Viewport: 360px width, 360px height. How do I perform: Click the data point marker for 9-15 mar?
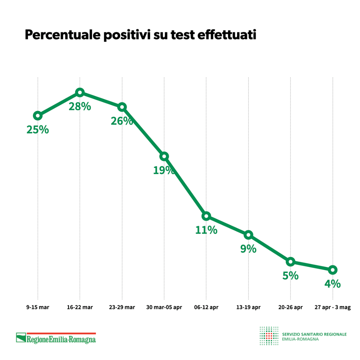coord(37,115)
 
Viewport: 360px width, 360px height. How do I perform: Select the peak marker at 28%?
coord(79,92)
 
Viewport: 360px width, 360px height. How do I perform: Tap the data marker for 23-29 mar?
coord(122,107)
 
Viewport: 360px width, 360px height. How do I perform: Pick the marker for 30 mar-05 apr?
coord(164,156)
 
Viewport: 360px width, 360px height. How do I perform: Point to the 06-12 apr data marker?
coord(206,216)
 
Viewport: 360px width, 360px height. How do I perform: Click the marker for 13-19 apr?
coord(248,235)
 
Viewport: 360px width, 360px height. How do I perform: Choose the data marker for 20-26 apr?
coord(290,261)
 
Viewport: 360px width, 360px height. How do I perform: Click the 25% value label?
coord(37,130)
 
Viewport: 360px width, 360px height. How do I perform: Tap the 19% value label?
coord(164,170)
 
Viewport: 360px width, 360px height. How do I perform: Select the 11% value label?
coord(206,230)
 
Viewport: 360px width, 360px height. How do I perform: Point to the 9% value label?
coord(248,249)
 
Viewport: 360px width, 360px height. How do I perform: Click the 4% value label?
coord(333,284)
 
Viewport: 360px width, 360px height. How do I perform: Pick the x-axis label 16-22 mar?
coord(80,307)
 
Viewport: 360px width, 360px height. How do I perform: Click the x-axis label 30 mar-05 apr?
coord(164,307)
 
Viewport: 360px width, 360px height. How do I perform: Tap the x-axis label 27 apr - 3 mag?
coord(333,307)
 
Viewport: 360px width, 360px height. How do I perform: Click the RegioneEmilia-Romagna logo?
coord(56,338)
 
